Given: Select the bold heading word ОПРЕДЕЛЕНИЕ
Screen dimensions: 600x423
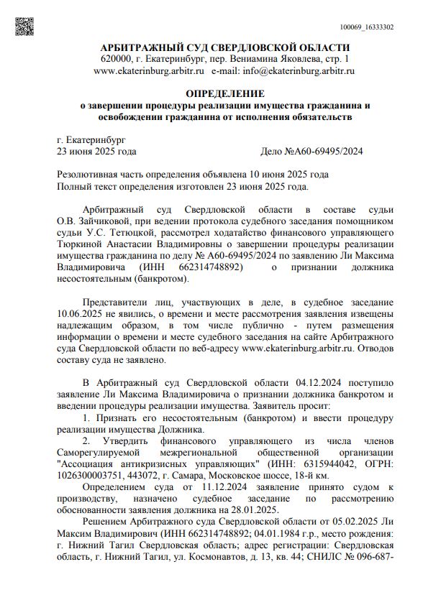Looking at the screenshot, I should tap(225, 94).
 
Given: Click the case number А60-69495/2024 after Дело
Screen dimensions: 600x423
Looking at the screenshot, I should tap(328, 152).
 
